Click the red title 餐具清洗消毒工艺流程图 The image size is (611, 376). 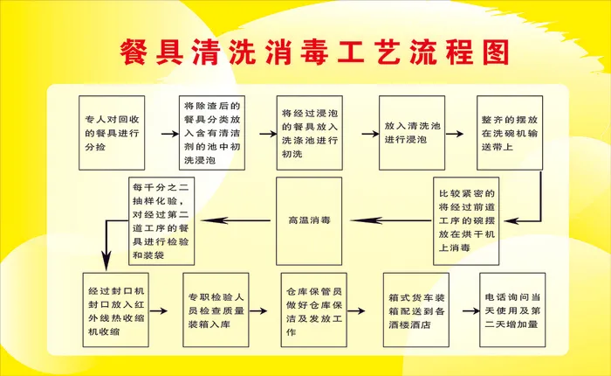pyautogui.click(x=312, y=53)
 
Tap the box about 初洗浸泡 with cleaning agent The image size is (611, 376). pyautogui.click(x=213, y=132)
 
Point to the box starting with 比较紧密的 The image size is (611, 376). pyautogui.click(x=468, y=220)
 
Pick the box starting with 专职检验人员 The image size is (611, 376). pyautogui.click(x=216, y=310)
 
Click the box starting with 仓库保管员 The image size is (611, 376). pyautogui.click(x=313, y=310)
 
